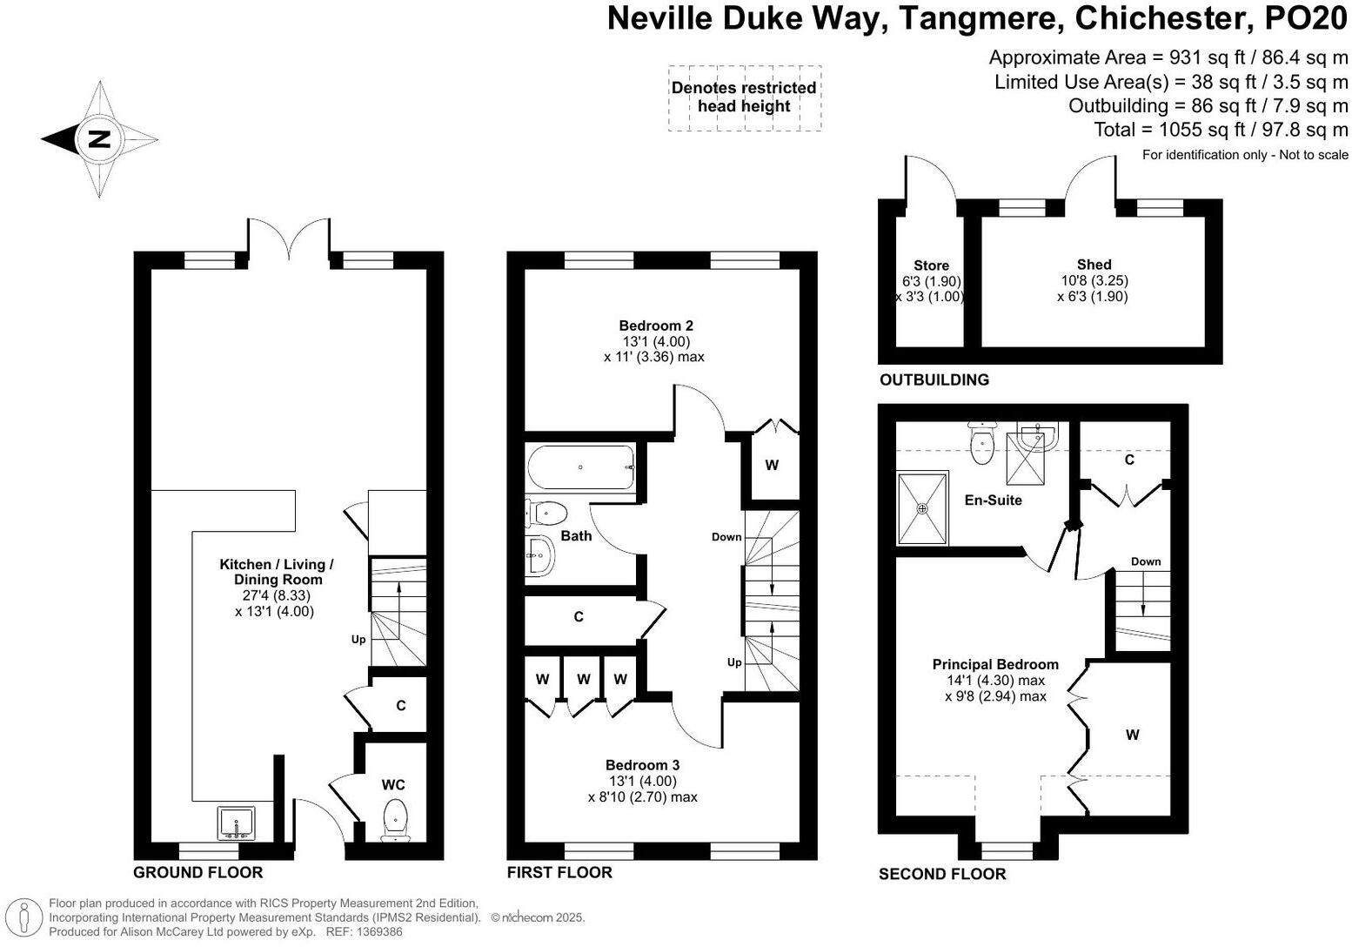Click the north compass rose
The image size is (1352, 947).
point(99,139)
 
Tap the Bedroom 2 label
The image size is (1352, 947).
point(656,326)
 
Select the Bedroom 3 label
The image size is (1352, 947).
point(642,765)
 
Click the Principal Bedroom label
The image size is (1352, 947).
point(995,664)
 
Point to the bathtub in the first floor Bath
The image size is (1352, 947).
point(581,467)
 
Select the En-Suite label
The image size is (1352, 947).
point(993,500)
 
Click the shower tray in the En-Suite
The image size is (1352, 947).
point(922,508)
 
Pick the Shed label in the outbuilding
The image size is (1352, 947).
point(1094,265)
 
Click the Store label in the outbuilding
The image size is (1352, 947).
point(931,265)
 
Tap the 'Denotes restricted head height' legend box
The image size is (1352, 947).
point(744,97)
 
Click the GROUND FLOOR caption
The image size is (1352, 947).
point(197,872)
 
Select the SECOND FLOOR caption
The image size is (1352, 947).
point(942,874)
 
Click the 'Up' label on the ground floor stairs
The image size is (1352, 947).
point(358,640)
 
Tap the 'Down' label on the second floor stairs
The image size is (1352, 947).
point(1146,561)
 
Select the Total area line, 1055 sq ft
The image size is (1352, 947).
point(1221,130)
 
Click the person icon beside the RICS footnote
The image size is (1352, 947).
point(25,917)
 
